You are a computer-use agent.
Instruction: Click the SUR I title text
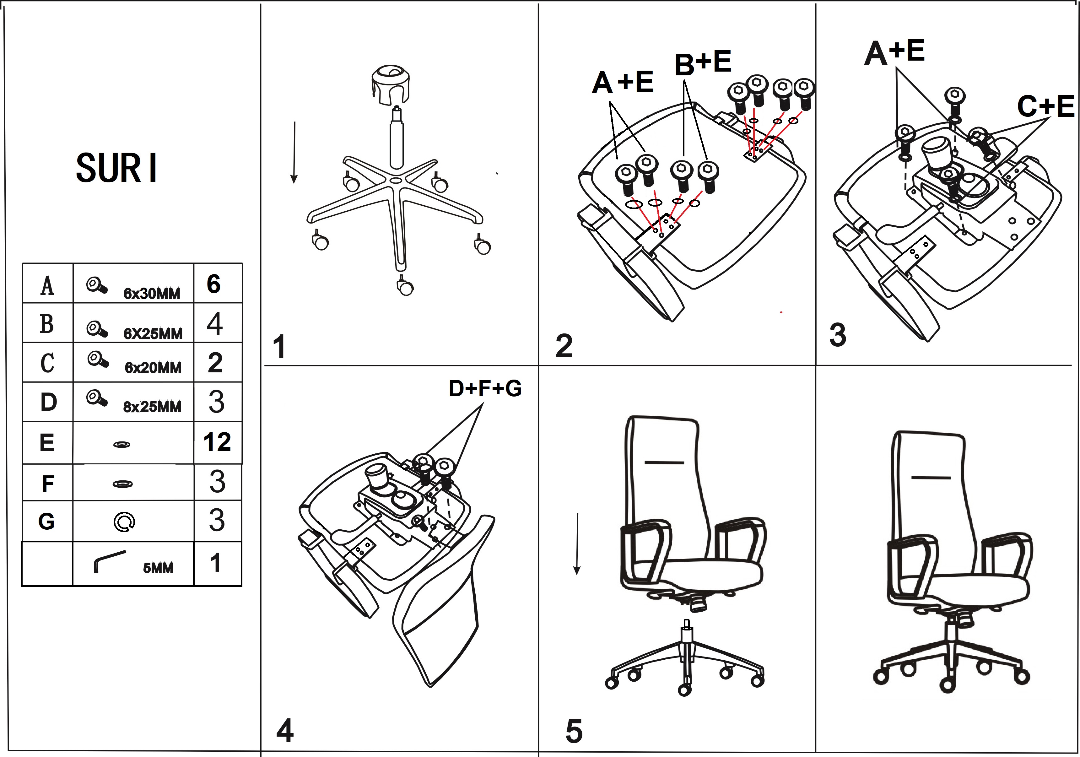tap(116, 168)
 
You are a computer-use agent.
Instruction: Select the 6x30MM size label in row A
tap(151, 294)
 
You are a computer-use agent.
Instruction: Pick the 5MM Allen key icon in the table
tap(110, 561)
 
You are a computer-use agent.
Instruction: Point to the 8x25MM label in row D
tap(152, 407)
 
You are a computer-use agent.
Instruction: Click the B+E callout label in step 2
tap(703, 62)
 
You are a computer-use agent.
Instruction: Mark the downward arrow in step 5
tap(577, 544)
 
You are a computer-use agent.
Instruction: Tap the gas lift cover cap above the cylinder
tap(390, 85)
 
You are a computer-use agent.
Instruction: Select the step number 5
tap(574, 731)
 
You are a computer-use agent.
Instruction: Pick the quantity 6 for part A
tap(213, 284)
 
